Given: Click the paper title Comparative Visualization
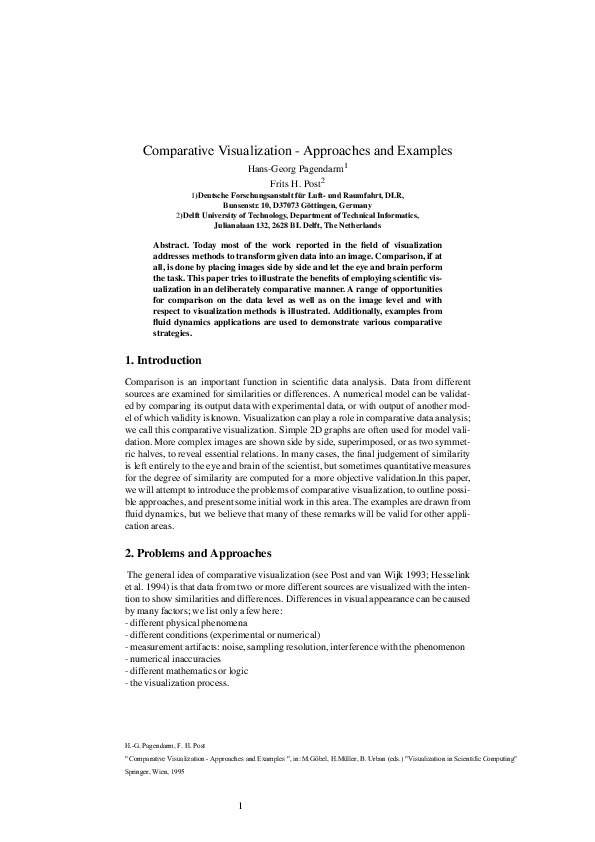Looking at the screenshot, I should pos(297,151).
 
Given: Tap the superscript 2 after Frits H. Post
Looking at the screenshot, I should pos(338,181).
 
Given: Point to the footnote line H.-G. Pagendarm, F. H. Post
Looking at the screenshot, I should pos(166,775).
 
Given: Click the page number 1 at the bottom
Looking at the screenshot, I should pos(241,832).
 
